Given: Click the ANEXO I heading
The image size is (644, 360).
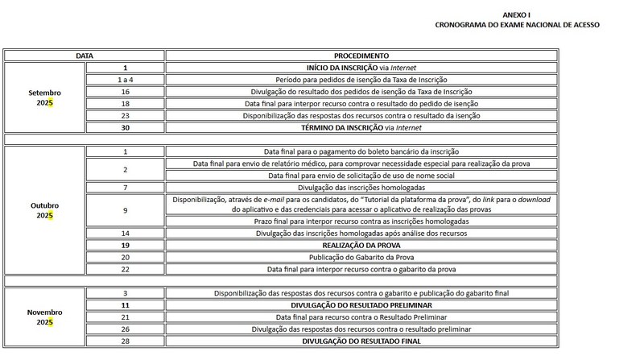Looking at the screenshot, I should point(516,14).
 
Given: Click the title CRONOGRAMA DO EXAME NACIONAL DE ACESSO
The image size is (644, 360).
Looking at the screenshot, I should point(516,25).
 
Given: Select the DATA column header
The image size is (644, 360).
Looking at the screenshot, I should point(84,56).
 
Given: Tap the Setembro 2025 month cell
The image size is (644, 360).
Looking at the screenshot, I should point(44,97).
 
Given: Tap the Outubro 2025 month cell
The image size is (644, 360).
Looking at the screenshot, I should point(44,210).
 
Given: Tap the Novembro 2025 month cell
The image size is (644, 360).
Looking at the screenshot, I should point(44,317).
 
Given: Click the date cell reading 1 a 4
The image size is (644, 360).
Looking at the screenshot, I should point(125,80).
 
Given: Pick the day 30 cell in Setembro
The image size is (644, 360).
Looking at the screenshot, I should point(125,127).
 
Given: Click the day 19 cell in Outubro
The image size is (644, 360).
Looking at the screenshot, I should point(125,245).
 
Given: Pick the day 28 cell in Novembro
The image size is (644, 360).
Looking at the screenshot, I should point(125,341).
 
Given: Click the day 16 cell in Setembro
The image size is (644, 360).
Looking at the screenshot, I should point(125,92).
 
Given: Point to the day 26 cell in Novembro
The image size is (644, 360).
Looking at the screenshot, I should point(125,329).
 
